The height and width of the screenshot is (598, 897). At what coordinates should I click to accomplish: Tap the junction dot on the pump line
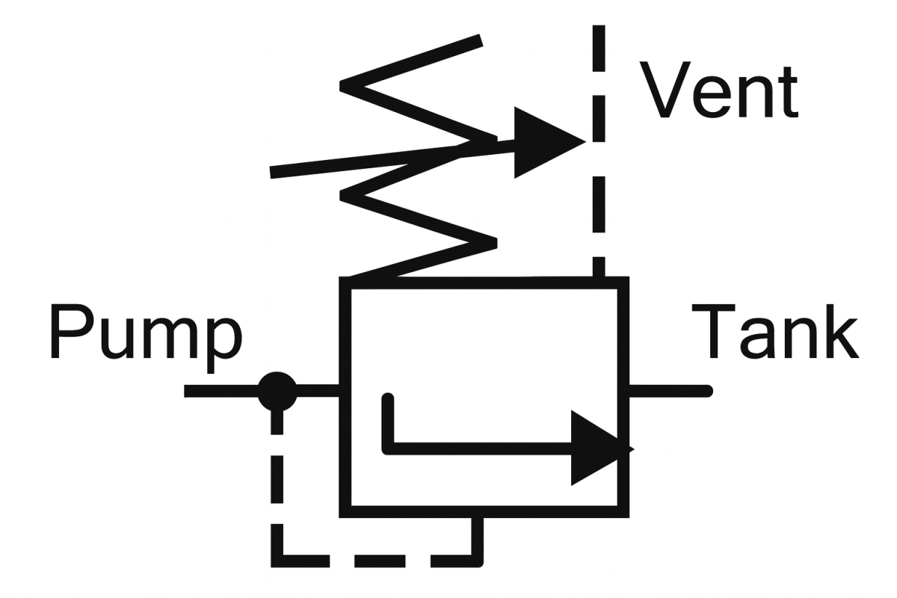point(277,390)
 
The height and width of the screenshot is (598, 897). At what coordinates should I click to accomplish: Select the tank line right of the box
point(669,390)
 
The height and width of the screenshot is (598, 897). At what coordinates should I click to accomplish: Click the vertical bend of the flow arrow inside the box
point(387,422)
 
